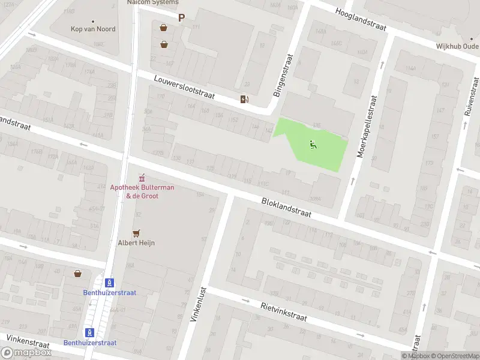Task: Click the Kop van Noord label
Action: pyautogui.click(x=93, y=29)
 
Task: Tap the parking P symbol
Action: pyautogui.click(x=181, y=18)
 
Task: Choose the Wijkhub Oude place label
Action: pyautogui.click(x=457, y=46)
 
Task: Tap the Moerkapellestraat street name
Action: pyautogui.click(x=367, y=126)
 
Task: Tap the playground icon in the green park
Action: pyautogui.click(x=313, y=144)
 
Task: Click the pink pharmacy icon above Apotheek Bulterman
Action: pyautogui.click(x=142, y=178)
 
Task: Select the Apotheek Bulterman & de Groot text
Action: pyautogui.click(x=142, y=191)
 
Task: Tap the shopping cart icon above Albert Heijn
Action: pyautogui.click(x=137, y=233)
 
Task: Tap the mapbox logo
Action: pyautogui.click(x=26, y=353)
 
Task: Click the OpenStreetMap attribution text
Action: pyautogui.click(x=454, y=356)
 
